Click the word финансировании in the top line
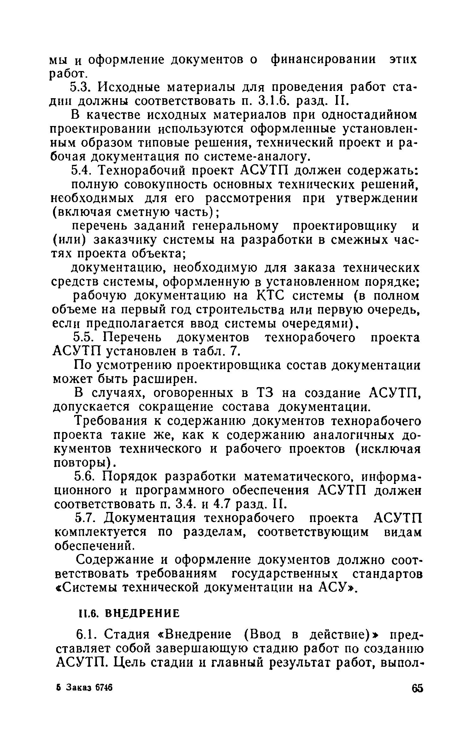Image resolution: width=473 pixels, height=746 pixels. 323,59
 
